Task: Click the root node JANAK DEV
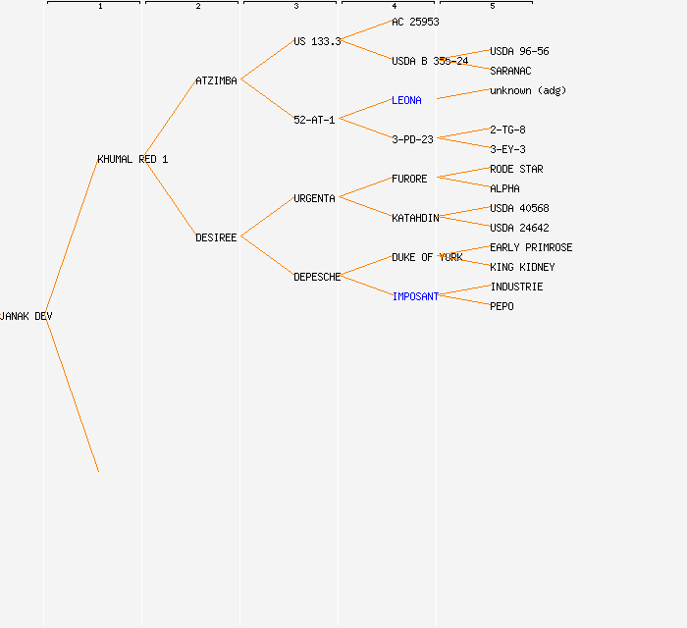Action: tap(26, 316)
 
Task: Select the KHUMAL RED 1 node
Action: tap(132, 159)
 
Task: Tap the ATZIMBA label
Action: tap(216, 80)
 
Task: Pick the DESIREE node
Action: tap(216, 237)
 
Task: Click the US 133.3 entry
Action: tap(317, 41)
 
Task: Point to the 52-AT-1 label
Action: tap(314, 120)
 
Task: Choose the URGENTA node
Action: tap(314, 198)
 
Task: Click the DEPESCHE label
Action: tap(317, 277)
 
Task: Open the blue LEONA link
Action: tap(406, 100)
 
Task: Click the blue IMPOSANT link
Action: tap(415, 296)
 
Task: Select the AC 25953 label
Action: tap(415, 22)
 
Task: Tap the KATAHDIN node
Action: tap(415, 218)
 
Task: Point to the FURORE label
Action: tap(409, 179)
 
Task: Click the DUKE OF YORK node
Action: tap(427, 257)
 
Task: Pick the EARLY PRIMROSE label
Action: tap(531, 247)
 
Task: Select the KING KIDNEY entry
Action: tap(522, 267)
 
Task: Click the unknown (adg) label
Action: tap(528, 90)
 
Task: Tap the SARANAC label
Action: tap(510, 71)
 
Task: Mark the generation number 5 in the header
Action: tap(492, 7)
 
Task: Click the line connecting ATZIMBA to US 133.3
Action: tap(267, 61)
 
